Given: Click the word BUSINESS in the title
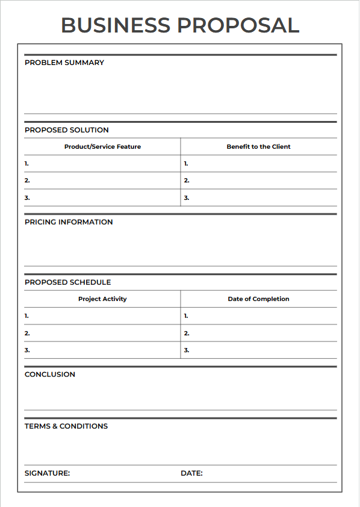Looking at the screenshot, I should point(116,25).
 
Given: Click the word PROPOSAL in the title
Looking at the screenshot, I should point(238,25).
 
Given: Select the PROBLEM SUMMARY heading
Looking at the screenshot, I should point(64,63).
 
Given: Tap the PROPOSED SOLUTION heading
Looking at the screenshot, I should point(67,130).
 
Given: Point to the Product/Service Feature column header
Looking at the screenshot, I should point(102,146).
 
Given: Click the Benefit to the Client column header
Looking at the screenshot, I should point(258,146).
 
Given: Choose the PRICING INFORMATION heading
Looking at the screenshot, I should point(69,222).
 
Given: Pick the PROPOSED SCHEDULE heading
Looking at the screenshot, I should point(68,282).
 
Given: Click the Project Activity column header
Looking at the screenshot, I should point(102,299).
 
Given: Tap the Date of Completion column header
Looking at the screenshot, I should point(258,299).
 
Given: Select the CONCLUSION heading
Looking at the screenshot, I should point(50,375).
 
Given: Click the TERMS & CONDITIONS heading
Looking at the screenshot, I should point(66,426).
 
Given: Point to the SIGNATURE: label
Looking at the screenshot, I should point(48,473).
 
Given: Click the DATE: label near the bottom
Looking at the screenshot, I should point(191,473).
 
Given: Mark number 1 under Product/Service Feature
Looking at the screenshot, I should point(26,163).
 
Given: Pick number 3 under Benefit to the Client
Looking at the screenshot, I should point(187,198).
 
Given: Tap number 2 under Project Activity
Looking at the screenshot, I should point(27,333).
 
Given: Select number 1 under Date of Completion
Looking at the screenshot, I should point(186,316).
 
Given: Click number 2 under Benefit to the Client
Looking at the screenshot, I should point(187,181).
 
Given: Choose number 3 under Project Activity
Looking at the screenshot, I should point(27,350).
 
